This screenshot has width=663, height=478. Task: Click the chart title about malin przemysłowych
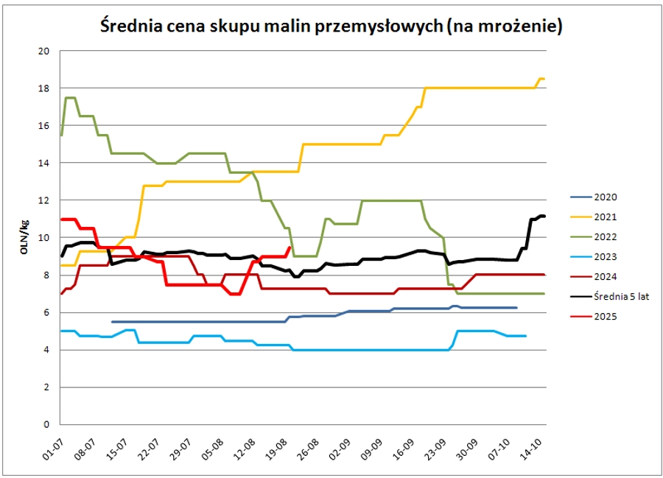331,27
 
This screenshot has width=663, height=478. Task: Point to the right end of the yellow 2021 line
544,79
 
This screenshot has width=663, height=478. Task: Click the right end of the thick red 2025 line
290,247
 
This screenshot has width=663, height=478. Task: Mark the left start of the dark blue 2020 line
112,322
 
